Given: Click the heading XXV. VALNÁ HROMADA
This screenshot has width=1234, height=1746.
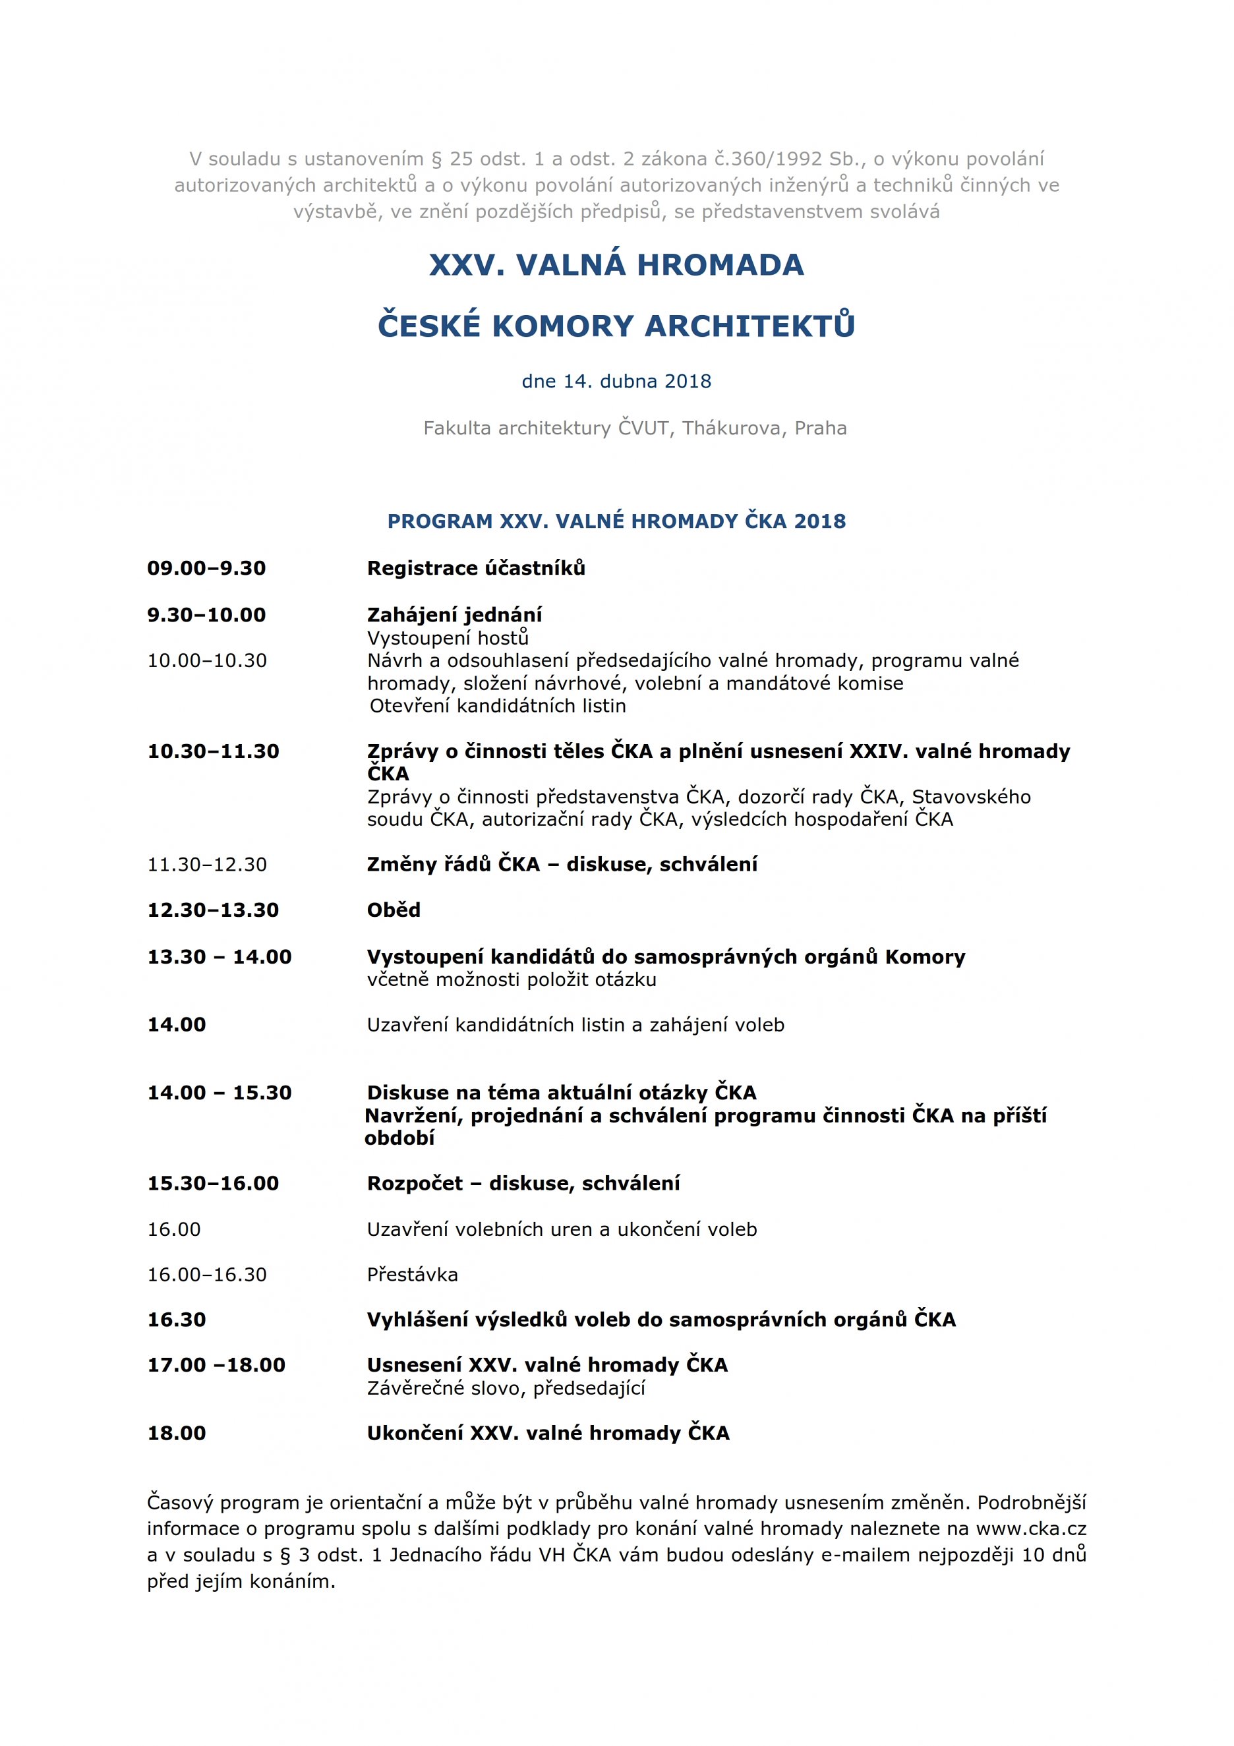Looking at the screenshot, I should [x=616, y=265].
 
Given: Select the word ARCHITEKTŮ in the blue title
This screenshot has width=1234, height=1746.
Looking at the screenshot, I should [x=749, y=326].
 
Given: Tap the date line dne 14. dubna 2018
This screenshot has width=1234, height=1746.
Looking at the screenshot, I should [x=616, y=381].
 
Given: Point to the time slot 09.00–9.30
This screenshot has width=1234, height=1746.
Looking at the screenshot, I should [x=206, y=568].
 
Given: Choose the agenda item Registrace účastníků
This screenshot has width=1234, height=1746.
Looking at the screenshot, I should [x=476, y=568].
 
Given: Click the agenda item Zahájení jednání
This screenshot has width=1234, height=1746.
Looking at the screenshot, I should [x=455, y=614].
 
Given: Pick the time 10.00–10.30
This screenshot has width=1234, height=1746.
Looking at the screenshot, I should [x=207, y=660].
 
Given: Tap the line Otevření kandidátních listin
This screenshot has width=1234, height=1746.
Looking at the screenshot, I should [x=498, y=706].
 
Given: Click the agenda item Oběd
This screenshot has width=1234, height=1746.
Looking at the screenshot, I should [x=394, y=910].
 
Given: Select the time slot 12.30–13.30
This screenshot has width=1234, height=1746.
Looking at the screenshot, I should [x=213, y=910].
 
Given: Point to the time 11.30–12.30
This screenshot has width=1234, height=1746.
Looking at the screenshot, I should [x=207, y=864].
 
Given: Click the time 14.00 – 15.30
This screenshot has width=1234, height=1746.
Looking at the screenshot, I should [x=219, y=1092].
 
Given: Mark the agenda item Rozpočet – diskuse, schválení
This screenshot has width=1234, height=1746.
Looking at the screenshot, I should [x=523, y=1182].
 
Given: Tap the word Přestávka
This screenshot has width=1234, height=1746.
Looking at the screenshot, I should [x=412, y=1274].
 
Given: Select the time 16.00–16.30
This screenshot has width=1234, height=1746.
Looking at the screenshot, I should [x=207, y=1274].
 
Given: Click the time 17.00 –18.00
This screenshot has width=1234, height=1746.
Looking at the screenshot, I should [x=216, y=1364].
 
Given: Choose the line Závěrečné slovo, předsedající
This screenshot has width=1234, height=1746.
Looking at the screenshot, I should [x=506, y=1388].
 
